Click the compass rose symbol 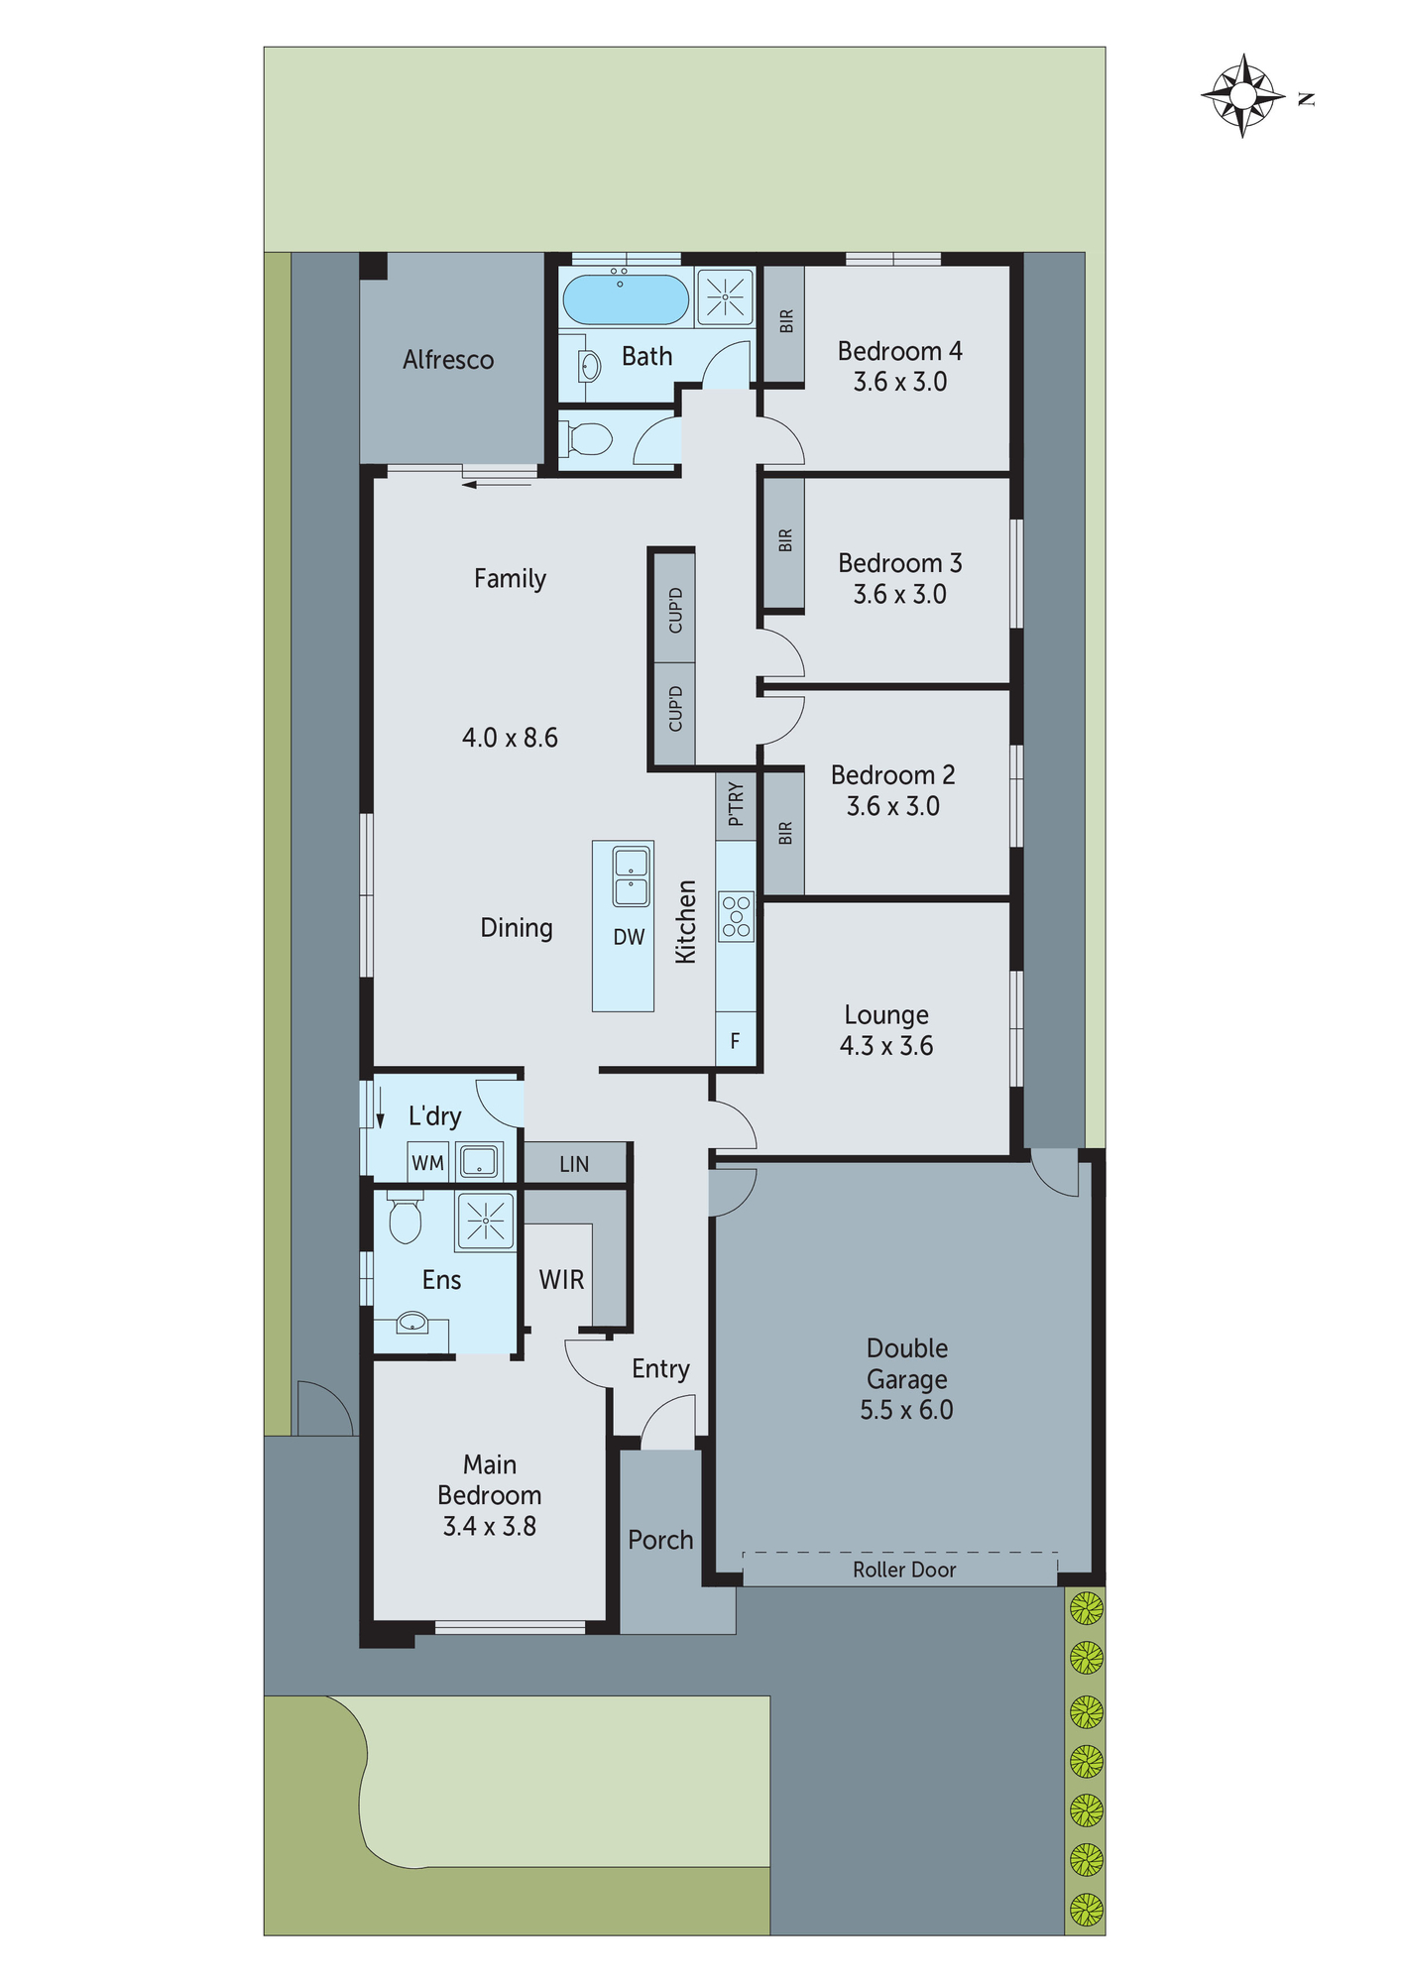[x=1242, y=96]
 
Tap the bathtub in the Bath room [x=625, y=299]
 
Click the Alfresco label [x=448, y=360]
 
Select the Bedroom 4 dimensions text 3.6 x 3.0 [x=899, y=382]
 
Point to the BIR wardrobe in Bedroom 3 [x=783, y=541]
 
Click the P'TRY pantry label [x=736, y=804]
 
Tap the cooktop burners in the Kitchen [x=736, y=916]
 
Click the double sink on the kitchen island [x=631, y=876]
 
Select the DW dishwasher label [x=629, y=937]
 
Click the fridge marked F [x=735, y=1040]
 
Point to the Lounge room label [x=886, y=1014]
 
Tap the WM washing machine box [x=428, y=1162]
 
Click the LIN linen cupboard [x=574, y=1164]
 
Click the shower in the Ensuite [x=485, y=1220]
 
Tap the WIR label [x=561, y=1279]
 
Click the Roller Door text [x=903, y=1570]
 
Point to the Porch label [x=660, y=1540]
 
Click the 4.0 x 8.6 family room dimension [x=510, y=738]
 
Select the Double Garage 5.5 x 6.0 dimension [x=906, y=1410]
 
